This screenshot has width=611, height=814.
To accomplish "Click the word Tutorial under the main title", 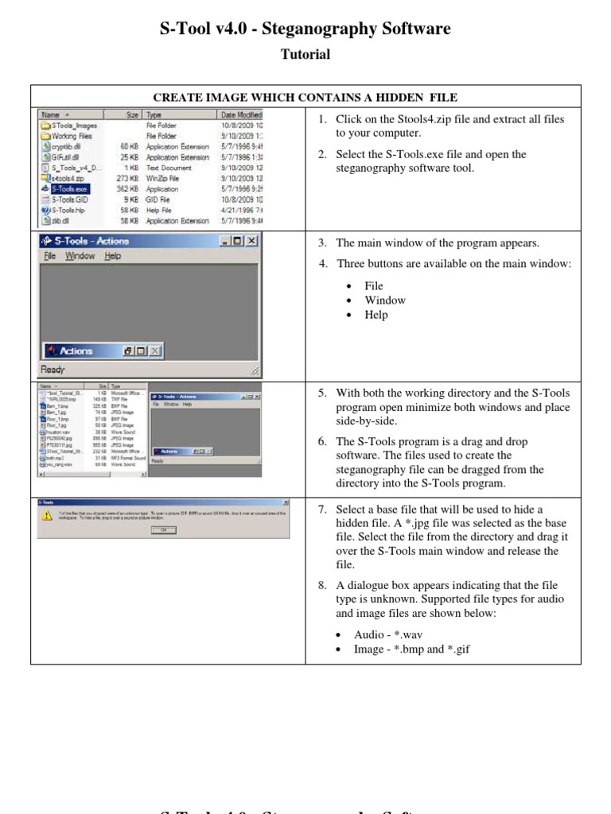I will [x=305, y=55].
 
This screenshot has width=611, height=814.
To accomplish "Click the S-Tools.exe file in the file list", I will [x=69, y=189].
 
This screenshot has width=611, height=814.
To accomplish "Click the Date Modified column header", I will [x=241, y=115].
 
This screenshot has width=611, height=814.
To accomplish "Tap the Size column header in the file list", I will [x=132, y=115].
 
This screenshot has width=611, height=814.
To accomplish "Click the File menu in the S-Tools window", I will [x=50, y=256].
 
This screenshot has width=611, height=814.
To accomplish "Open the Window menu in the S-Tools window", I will [x=80, y=256].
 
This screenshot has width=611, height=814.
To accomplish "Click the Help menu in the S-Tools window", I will [x=113, y=256].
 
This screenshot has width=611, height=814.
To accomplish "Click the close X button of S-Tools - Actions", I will [x=251, y=241].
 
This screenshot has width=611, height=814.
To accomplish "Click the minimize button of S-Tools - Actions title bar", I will [x=225, y=241].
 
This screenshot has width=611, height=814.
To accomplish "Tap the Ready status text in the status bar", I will [x=54, y=369].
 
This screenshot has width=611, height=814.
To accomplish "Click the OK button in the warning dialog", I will [x=163, y=529].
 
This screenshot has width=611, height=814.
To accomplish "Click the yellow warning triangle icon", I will [x=47, y=515].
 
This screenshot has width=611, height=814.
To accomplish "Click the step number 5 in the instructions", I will [x=322, y=393].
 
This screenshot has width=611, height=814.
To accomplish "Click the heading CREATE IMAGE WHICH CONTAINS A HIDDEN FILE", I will [x=305, y=98].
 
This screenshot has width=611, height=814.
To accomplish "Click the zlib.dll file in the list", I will [x=62, y=220].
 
